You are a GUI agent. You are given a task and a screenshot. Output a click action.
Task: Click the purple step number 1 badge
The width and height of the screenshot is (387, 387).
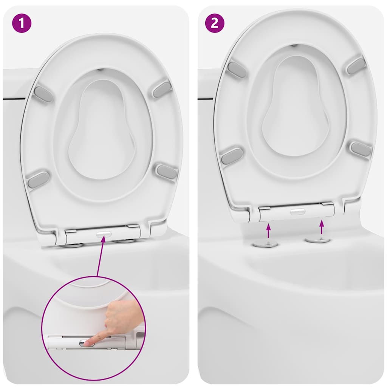tap(22, 23)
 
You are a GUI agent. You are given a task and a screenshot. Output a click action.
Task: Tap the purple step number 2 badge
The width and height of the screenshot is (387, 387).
tap(215, 23)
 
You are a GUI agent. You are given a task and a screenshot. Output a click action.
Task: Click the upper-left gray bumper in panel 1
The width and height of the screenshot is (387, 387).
tap(43, 94)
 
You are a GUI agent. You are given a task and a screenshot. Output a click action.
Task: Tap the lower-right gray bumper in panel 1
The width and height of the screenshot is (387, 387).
tap(167, 171)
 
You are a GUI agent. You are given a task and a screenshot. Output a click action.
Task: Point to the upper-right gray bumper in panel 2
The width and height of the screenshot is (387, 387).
tap(356, 65)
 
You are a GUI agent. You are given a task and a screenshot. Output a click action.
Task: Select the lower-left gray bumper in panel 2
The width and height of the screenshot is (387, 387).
tap(232, 156)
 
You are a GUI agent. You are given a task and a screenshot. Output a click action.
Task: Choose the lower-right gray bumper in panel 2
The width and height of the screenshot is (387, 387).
tap(361, 149)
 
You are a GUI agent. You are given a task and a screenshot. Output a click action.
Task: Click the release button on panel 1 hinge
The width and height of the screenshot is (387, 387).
tap(104, 234)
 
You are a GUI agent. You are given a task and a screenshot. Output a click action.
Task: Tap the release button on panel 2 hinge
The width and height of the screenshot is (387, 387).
tap(298, 212)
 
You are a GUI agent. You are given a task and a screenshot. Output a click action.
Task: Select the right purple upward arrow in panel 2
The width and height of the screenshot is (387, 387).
tap(321, 227)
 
